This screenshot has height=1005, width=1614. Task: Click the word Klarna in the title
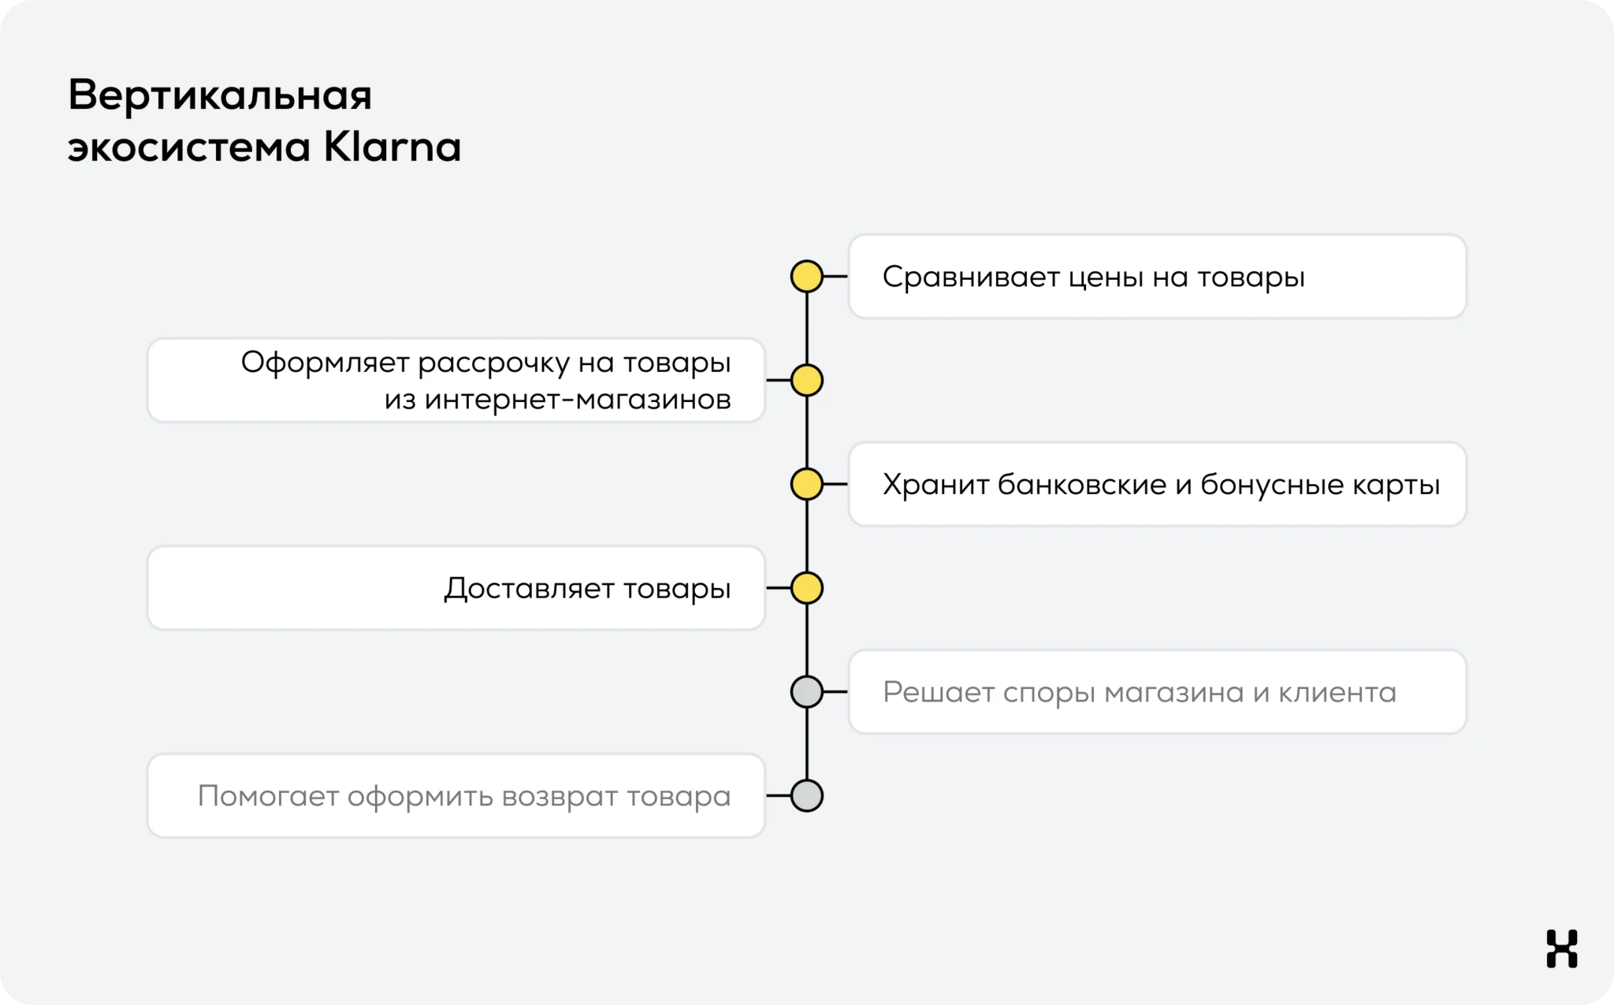point(392,147)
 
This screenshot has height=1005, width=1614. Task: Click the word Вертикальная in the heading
point(220,95)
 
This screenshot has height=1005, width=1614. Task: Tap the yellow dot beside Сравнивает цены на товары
point(806,277)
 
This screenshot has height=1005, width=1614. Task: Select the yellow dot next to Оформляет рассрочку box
point(806,381)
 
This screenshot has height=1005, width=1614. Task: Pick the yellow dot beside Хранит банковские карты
point(806,484)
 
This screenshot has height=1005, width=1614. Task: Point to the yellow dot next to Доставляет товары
point(806,588)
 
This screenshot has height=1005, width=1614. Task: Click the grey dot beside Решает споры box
point(806,692)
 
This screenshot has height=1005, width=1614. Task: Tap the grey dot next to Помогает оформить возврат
point(806,796)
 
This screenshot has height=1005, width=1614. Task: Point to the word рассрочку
point(493,363)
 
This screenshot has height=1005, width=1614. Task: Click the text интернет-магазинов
point(578,400)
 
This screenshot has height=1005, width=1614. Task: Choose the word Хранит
point(935,485)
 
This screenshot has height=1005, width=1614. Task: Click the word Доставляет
point(529,589)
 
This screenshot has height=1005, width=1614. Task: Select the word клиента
point(1337,693)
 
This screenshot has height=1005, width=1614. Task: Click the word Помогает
point(268,796)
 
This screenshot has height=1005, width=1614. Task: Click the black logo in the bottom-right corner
point(1561,948)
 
